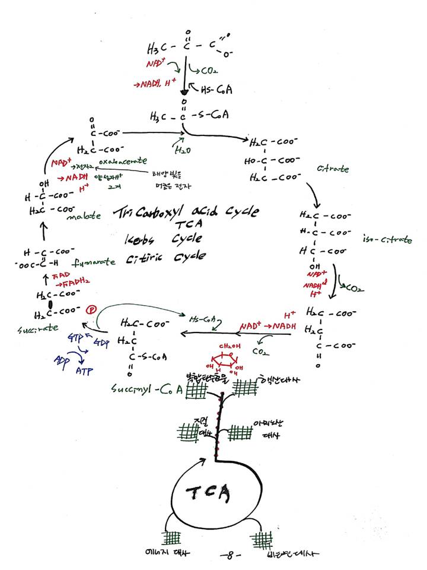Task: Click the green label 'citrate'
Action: point(333,169)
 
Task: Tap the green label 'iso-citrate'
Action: point(387,239)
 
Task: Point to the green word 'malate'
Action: point(82,217)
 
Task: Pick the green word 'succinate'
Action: point(26,327)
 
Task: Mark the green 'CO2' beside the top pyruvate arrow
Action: point(208,71)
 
